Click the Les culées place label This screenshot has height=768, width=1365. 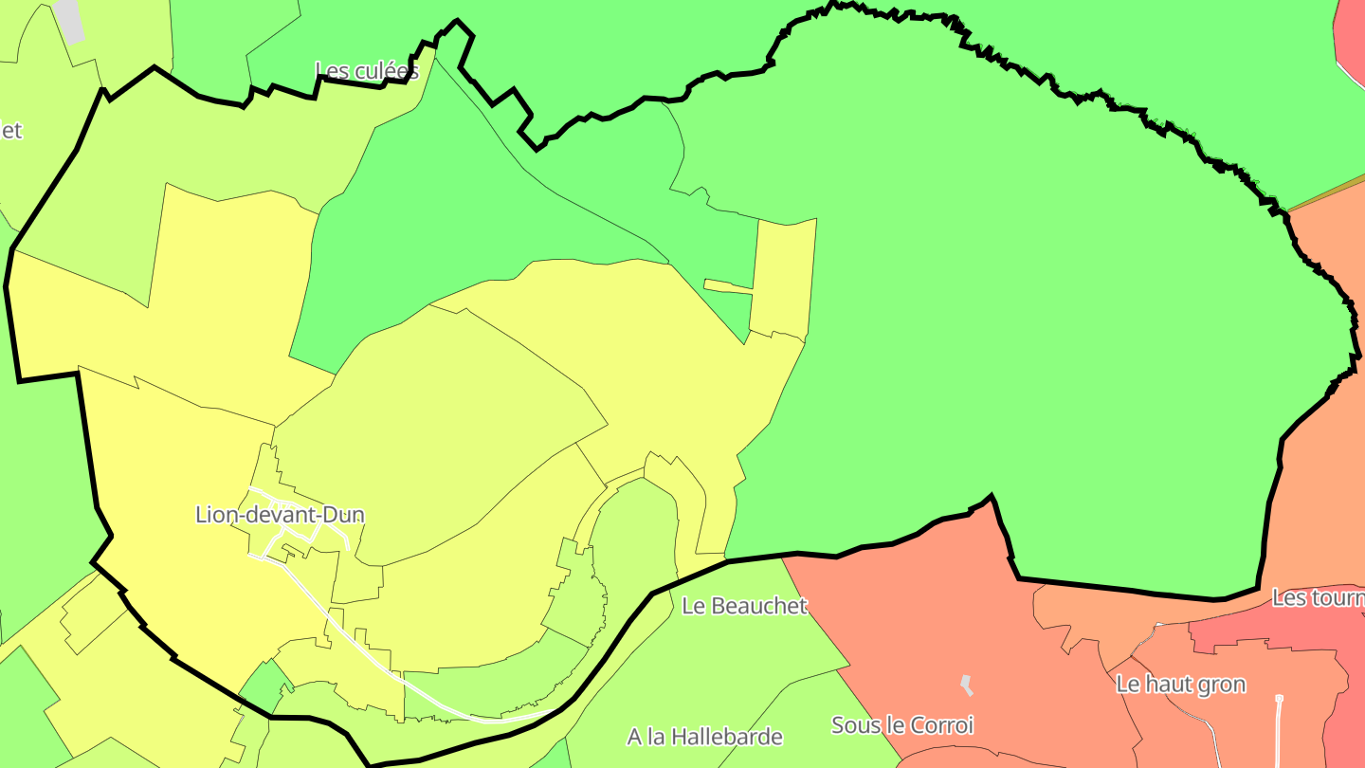(366, 70)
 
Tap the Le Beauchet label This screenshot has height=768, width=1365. (744, 605)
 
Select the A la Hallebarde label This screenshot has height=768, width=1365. (705, 736)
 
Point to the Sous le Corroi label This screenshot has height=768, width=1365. (902, 725)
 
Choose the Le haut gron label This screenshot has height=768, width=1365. (1180, 684)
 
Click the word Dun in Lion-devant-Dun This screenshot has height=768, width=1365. (344, 515)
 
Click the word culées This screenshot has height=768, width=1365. (388, 70)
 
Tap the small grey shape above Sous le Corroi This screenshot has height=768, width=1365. (966, 684)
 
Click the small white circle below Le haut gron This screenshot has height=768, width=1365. (1279, 699)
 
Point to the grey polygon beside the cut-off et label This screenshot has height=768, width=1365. (69, 19)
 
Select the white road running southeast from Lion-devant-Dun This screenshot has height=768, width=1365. (360, 645)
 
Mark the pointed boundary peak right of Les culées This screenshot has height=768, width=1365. (457, 21)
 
